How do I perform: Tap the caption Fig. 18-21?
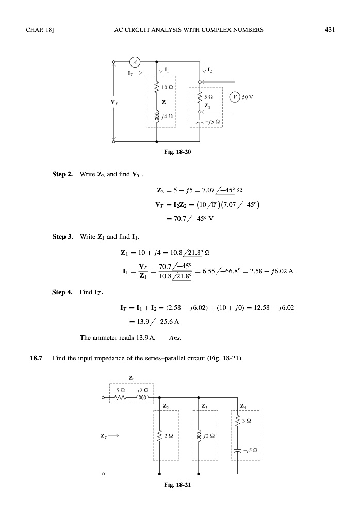[179, 485]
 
